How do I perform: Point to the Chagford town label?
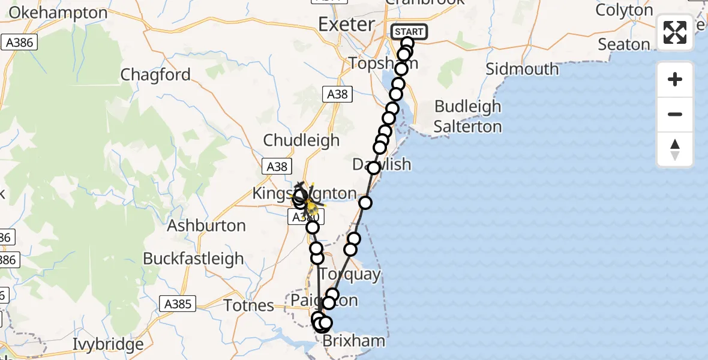click(155, 75)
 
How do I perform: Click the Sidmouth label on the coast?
click(522, 69)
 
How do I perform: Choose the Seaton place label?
click(624, 44)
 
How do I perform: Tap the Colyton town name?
click(624, 10)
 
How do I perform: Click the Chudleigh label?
click(301, 140)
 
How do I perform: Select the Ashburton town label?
click(206, 226)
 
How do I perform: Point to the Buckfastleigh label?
click(193, 259)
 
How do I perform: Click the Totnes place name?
click(248, 306)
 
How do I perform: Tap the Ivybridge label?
click(108, 345)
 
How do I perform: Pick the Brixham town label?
click(354, 342)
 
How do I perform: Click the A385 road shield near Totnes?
click(177, 304)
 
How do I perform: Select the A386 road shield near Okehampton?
click(19, 43)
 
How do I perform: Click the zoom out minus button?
click(675, 115)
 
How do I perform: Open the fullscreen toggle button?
click(675, 32)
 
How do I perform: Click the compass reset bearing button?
click(675, 149)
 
